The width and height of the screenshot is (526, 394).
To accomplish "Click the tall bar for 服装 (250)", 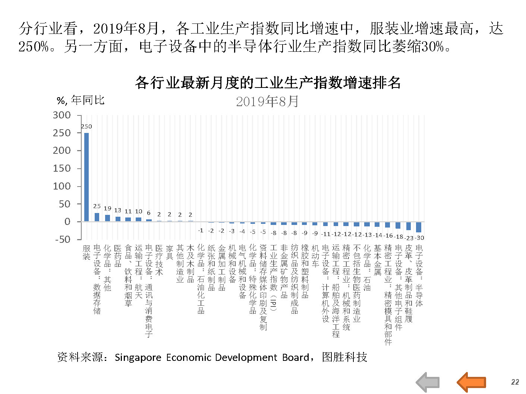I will click(x=86, y=177).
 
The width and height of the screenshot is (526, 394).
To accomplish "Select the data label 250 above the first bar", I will click(x=86, y=127).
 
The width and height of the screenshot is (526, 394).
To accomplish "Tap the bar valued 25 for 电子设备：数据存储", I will click(x=97, y=217).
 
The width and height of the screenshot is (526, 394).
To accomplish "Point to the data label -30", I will click(x=420, y=238).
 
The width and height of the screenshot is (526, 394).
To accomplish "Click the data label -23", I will click(x=409, y=238).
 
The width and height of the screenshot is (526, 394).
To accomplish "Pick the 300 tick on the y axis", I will click(x=62, y=115).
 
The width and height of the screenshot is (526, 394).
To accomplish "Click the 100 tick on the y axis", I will click(x=62, y=186).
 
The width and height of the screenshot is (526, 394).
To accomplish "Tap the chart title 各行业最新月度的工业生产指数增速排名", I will click(x=268, y=83).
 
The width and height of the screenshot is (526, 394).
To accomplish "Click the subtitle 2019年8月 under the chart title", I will click(x=267, y=101).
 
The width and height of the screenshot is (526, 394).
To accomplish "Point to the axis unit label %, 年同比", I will click(x=81, y=100).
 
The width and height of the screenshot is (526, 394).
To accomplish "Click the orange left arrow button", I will click(x=471, y=382).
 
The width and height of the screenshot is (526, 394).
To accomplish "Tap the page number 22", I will click(x=515, y=382).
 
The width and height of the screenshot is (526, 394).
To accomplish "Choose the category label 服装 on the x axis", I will click(x=86, y=252).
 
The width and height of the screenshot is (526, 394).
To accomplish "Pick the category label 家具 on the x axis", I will click(x=170, y=252).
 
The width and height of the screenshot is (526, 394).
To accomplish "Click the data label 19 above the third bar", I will click(x=107, y=209).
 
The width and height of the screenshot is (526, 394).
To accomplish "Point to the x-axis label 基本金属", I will click(x=378, y=260).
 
